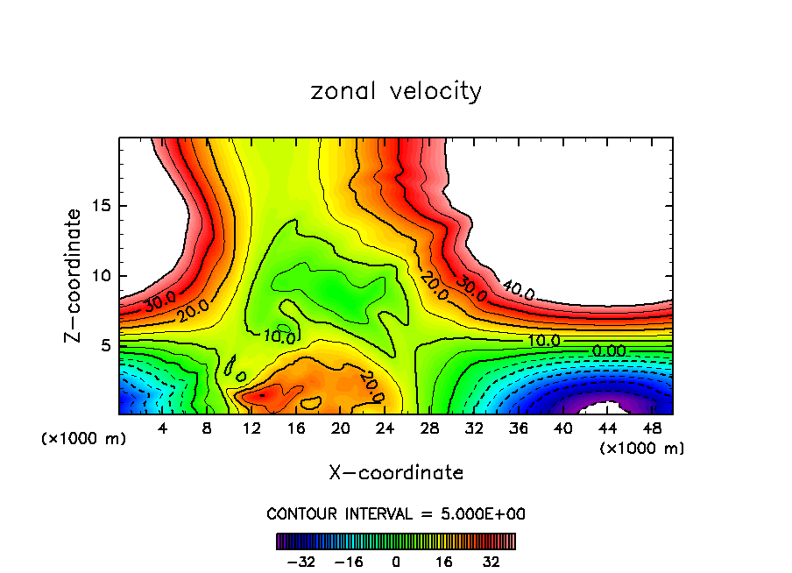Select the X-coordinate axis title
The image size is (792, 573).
[396, 473]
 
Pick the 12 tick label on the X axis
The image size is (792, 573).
[251, 428]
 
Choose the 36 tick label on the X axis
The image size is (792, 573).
[518, 428]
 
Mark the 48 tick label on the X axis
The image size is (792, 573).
[651, 428]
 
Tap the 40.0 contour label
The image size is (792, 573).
[518, 290]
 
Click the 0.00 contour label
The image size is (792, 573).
[609, 350]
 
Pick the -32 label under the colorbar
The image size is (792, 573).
[301, 561]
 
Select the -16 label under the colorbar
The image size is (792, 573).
[349, 561]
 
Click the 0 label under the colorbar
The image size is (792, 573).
[396, 561]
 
